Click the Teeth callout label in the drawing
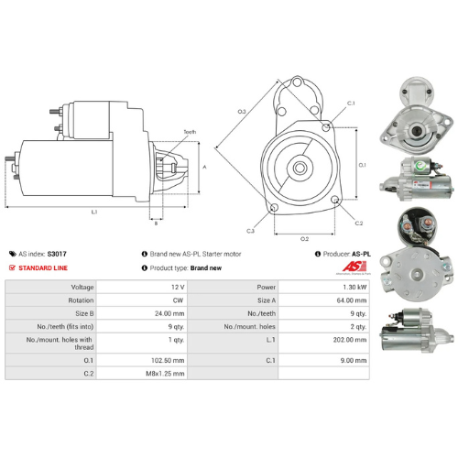(x=190, y=132)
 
